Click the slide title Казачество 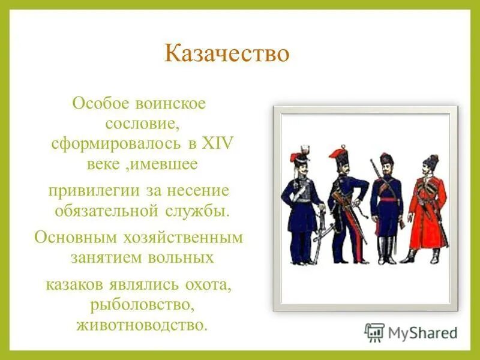pyautogui.click(x=227, y=54)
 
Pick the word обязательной pyautogui.click(x=107, y=211)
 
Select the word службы pyautogui.click(x=199, y=211)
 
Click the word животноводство pyautogui.click(x=142, y=325)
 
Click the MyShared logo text pyautogui.click(x=422, y=332)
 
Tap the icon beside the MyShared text pyautogui.click(x=374, y=332)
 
